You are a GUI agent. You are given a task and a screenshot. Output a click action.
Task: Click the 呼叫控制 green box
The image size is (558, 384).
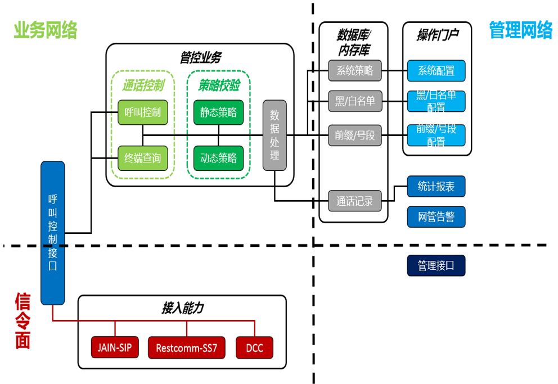coord(143,112)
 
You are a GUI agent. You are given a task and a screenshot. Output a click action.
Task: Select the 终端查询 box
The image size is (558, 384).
coord(143,158)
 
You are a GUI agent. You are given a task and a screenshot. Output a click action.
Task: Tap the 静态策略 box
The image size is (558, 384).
coord(218,112)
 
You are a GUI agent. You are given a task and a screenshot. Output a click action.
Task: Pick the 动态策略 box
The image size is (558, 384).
coord(218,158)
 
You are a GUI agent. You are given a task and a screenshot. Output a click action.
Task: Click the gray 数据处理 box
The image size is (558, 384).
coord(274,135)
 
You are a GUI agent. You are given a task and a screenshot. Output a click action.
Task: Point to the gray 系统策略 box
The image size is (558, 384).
coord(355,71)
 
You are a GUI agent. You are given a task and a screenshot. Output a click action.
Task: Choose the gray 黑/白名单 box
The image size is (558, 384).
coord(355,101)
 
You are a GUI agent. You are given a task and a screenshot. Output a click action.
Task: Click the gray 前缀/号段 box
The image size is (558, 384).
coord(355,135)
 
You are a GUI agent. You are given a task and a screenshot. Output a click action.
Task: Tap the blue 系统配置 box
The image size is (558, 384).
coord(436,71)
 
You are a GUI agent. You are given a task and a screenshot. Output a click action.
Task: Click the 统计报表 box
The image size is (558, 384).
coord(436,187)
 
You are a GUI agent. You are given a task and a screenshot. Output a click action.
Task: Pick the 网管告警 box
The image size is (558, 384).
coord(436,216)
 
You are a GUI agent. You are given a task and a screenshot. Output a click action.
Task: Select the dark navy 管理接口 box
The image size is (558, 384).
coord(436,265)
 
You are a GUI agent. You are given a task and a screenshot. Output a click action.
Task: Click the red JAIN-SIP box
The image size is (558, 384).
coord(115,348)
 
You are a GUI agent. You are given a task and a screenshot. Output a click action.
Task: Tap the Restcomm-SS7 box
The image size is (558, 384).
coord(186,348)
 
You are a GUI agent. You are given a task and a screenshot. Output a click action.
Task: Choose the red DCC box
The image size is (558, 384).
coord(255,348)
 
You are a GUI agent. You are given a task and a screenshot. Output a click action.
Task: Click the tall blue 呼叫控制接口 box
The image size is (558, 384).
coord(53,233)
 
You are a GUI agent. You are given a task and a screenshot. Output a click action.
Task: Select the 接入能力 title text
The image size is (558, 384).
coord(182,308)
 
